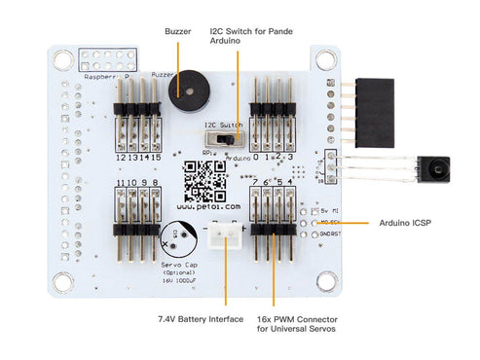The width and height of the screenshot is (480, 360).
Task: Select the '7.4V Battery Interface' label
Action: pos(200,318)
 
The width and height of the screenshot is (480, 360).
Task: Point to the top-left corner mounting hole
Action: pos(62,58)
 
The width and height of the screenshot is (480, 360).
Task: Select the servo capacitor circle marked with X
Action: pos(175,234)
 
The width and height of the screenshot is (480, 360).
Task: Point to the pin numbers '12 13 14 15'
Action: pos(135,157)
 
